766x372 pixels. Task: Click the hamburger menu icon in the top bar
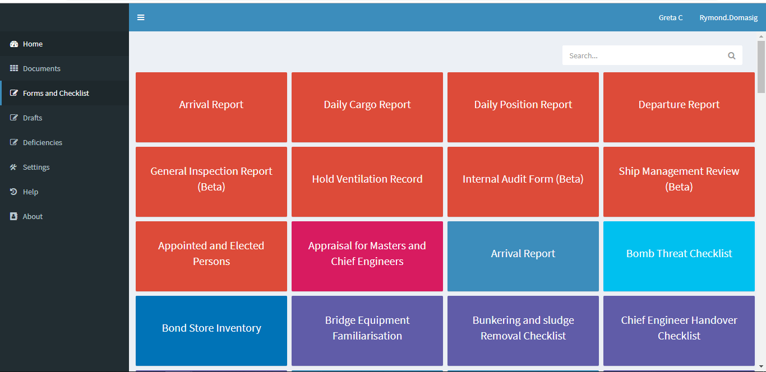click(x=141, y=17)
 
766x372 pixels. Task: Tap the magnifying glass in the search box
click(x=731, y=55)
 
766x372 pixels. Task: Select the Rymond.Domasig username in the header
click(x=728, y=18)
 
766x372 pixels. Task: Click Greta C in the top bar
click(x=671, y=18)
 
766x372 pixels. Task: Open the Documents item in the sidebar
click(x=41, y=68)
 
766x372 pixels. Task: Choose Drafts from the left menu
click(x=33, y=118)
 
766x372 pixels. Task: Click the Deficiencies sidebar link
click(x=43, y=142)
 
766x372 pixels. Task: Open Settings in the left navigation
click(x=36, y=167)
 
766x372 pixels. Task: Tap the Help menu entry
click(x=30, y=192)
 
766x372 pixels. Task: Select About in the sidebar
click(x=33, y=216)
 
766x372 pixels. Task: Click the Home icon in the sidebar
click(x=14, y=44)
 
